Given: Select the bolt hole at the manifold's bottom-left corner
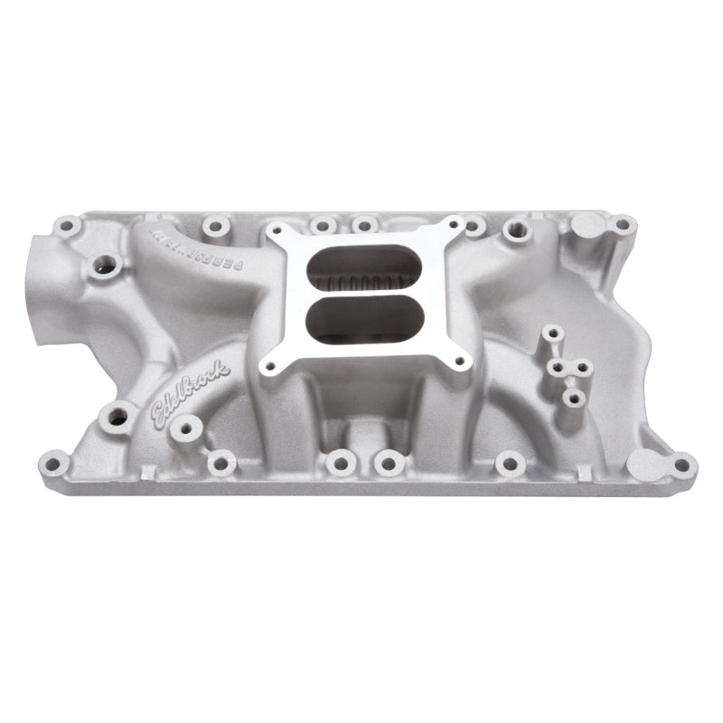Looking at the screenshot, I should tap(54, 465).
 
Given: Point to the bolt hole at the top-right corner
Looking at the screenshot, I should tap(622, 224).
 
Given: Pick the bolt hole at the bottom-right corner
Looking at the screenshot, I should tap(681, 465).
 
